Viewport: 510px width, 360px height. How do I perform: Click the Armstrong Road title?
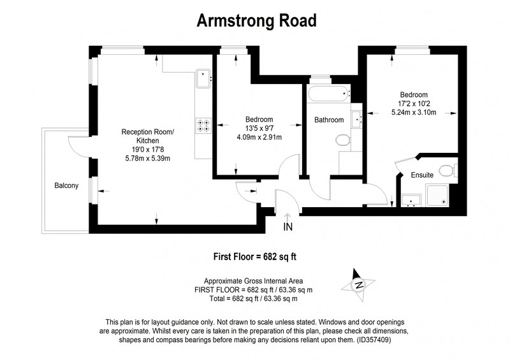click(257, 21)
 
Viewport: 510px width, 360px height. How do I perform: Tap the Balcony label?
click(66, 185)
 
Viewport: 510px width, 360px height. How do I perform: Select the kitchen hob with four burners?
click(203, 126)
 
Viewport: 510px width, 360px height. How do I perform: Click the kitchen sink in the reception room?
click(203, 78)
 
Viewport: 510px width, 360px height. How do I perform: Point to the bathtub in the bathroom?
click(329, 93)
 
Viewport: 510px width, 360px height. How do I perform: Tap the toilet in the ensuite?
click(448, 170)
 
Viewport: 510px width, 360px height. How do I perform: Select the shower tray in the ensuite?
click(437, 195)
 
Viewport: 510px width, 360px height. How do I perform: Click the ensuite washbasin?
click(411, 200)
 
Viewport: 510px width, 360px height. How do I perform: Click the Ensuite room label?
click(422, 175)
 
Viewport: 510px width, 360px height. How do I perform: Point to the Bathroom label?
click(329, 120)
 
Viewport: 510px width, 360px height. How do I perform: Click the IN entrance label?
click(288, 227)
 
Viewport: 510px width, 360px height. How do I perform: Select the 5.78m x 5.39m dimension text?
click(148, 159)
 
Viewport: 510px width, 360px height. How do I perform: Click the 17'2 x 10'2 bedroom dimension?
click(414, 104)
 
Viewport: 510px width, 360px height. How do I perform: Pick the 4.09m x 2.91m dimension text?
click(259, 137)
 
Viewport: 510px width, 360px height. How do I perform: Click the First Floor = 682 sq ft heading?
click(254, 257)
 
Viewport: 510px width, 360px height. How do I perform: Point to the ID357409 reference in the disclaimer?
click(374, 340)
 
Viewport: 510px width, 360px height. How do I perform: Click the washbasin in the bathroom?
click(357, 119)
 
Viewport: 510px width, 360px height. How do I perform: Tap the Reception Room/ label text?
click(148, 132)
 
